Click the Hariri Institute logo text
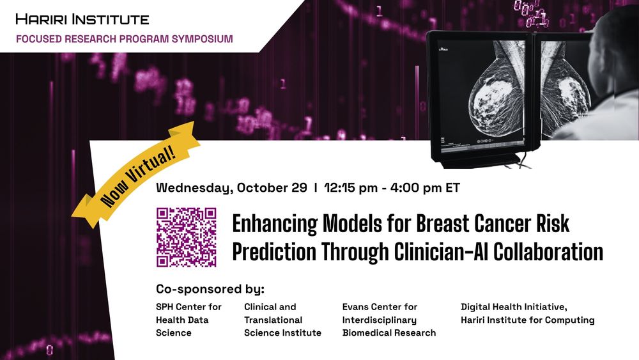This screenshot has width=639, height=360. pyautogui.click(x=82, y=19)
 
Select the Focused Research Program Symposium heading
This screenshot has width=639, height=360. pyautogui.click(x=124, y=39)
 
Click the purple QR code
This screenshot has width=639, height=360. pyautogui.click(x=187, y=237)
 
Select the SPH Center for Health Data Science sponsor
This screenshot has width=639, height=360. pyautogui.click(x=189, y=320)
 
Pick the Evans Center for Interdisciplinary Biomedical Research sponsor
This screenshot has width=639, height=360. pyautogui.click(x=389, y=320)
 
